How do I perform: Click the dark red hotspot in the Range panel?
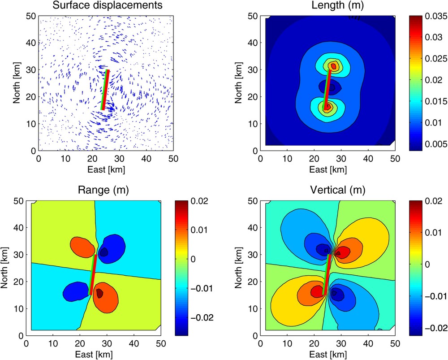[x=99, y=293]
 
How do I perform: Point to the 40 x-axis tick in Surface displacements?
[x=146, y=159]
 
